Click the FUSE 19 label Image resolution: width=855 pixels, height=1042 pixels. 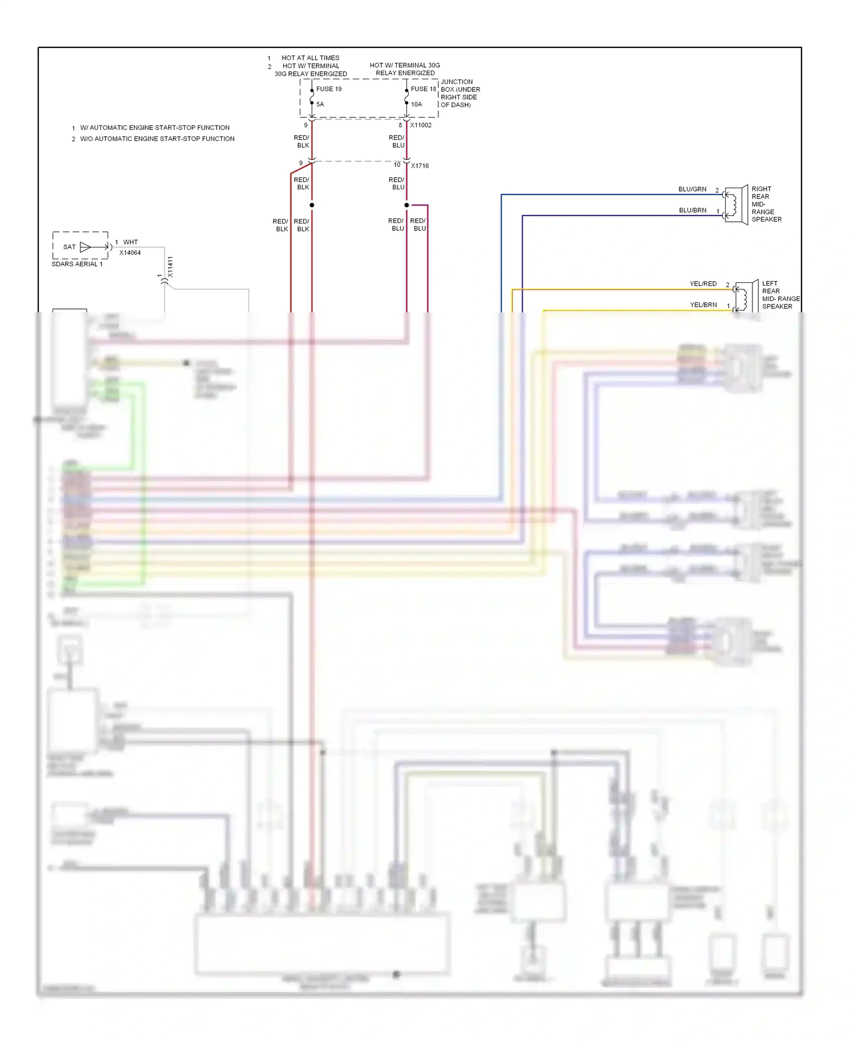[329, 89]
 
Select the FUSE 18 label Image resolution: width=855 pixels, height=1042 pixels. [423, 89]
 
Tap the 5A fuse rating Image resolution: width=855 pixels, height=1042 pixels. [320, 104]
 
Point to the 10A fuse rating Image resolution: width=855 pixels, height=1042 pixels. [416, 104]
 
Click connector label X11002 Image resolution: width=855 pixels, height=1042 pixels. [421, 125]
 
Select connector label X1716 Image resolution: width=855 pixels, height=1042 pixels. [420, 166]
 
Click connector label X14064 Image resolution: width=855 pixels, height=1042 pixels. [130, 253]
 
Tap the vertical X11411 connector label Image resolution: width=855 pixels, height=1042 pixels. [170, 267]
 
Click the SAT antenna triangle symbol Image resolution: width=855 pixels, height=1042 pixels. [85, 247]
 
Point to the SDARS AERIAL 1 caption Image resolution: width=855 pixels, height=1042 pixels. [77, 264]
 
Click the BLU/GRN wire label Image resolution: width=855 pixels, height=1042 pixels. [692, 189]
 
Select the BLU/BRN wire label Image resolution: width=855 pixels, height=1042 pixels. [692, 210]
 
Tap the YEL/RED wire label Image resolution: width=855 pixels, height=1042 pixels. [703, 284]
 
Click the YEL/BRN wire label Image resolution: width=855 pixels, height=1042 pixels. [703, 305]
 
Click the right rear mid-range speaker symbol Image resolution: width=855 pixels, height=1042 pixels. [736, 204]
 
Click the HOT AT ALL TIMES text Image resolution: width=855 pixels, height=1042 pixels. [310, 58]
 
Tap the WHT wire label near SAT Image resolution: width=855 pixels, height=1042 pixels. [131, 242]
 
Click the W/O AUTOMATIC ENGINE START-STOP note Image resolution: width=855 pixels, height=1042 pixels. [157, 139]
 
